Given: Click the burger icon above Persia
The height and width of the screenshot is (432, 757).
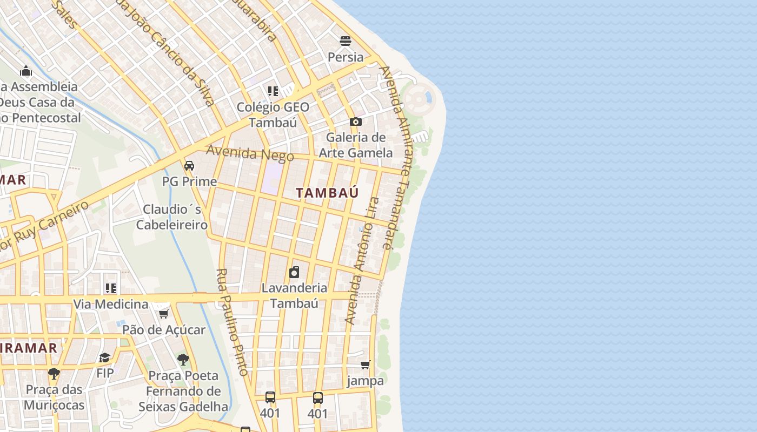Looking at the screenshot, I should tap(346, 41).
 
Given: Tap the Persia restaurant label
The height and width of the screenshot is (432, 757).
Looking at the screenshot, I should tap(346, 57).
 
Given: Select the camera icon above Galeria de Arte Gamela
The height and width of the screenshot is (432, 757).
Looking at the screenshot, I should tap(355, 122).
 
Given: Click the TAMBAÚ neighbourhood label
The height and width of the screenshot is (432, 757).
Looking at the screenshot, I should tap(327, 193).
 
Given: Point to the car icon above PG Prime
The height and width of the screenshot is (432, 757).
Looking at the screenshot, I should tap(189, 166).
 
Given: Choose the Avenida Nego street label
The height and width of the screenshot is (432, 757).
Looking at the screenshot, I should tap(250, 154).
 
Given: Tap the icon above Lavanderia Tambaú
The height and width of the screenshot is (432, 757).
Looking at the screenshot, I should tap(294, 272).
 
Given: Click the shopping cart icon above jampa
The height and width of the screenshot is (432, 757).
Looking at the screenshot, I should tap(366, 365).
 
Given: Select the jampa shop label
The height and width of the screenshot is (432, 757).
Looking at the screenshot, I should tap(366, 381).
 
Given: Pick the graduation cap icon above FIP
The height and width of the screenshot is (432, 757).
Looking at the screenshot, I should tap(105, 357).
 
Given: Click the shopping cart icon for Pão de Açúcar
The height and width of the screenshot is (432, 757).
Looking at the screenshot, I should tap(163, 314).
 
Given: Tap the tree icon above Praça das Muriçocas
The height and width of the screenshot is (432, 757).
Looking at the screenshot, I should tap(54, 373).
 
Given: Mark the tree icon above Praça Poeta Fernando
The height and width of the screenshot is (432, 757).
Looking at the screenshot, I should tap(183, 359).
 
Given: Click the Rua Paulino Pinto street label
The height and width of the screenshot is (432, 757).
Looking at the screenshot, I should tap(232, 322).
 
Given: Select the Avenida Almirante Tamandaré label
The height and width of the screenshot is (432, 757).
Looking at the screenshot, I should tap(395, 157).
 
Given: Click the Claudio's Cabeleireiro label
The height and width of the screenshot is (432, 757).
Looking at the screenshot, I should tap(172, 217).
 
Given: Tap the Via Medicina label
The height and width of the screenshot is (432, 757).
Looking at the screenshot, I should tap(111, 304).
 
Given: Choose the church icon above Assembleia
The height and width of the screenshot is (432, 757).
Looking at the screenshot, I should tap(26, 71).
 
